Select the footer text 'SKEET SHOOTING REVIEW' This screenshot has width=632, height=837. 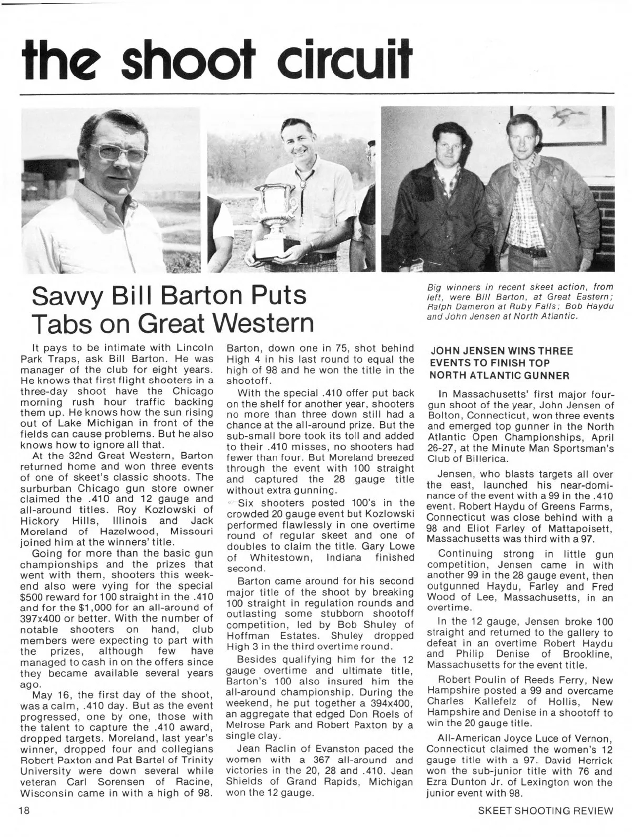coord(546,811)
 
